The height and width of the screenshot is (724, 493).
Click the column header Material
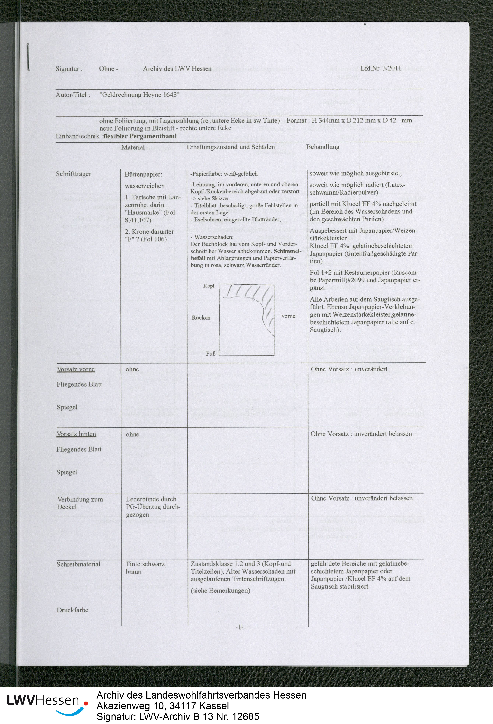pyautogui.click(x=133, y=147)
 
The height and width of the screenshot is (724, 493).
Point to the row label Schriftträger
pyautogui.click(x=73, y=174)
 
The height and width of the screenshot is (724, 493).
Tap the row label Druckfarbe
pyautogui.click(x=72, y=610)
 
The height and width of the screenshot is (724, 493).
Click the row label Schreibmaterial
pyautogui.click(x=78, y=564)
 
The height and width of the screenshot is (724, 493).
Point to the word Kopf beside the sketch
pyautogui.click(x=209, y=286)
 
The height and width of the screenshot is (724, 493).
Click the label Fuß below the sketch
pyautogui.click(x=211, y=354)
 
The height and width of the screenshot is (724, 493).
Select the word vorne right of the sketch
pyautogui.click(x=288, y=316)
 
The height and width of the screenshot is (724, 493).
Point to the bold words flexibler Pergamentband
pyautogui.click(x=140, y=136)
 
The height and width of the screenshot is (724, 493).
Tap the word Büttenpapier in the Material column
pyautogui.click(x=143, y=175)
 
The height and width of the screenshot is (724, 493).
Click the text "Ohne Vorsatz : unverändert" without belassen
pyautogui.click(x=349, y=369)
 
